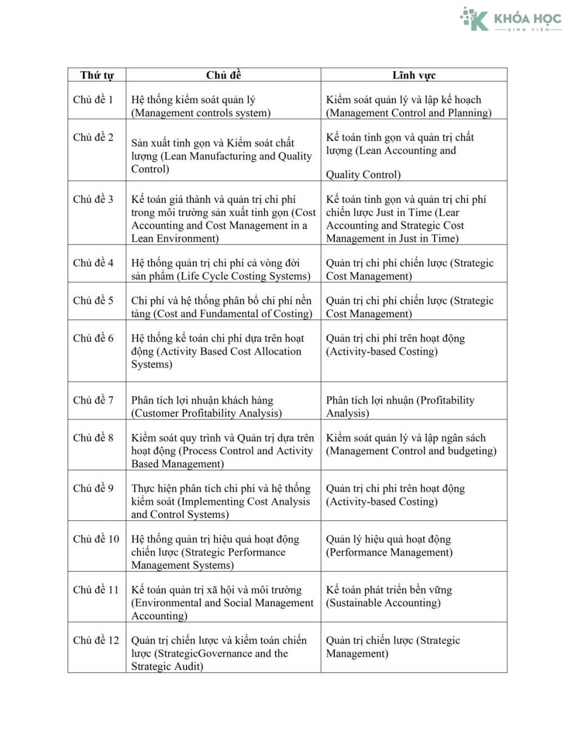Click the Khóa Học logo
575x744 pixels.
(x=510, y=20)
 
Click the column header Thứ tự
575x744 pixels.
(x=97, y=75)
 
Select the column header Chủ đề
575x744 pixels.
(x=223, y=75)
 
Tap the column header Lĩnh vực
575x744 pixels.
(x=414, y=75)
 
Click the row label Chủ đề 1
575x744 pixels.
(x=93, y=100)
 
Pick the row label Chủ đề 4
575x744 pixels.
(x=93, y=263)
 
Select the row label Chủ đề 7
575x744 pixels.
(x=93, y=400)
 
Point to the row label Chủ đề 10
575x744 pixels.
(x=96, y=539)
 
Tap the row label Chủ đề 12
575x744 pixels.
(x=96, y=640)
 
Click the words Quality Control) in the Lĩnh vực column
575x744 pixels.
(x=363, y=175)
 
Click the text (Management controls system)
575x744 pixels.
(x=201, y=113)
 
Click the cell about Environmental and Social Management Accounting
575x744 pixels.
(x=222, y=603)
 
